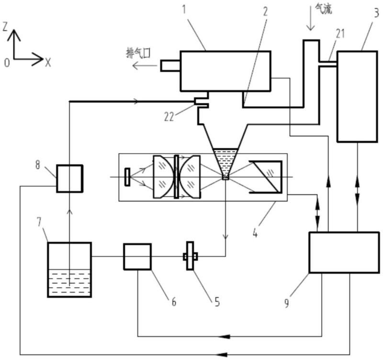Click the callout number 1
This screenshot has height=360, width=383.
point(184,9)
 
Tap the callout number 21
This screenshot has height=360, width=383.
point(340,34)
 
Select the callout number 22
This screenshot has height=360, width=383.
point(169,117)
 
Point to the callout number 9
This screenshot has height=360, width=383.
point(286,303)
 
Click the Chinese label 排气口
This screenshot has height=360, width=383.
point(138,53)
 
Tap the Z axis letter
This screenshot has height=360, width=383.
point(5,27)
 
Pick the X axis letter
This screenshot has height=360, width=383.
point(48,63)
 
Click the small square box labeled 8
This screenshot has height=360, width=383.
point(70,179)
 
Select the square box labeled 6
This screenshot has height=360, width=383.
point(137,257)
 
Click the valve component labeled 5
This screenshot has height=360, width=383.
point(190,256)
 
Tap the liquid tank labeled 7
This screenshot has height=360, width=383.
point(69,270)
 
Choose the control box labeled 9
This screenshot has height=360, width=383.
point(344,252)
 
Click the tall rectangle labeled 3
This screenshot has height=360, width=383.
point(357,97)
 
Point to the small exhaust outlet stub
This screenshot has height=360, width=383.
point(170,66)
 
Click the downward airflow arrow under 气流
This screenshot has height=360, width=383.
point(310,19)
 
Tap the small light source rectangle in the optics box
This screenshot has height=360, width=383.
point(127,177)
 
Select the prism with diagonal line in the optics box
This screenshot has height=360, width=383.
point(266,177)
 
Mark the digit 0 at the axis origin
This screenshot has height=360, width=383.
point(7,63)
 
